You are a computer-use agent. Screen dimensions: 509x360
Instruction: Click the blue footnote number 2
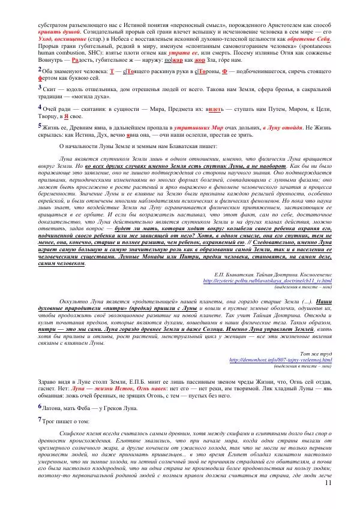39,69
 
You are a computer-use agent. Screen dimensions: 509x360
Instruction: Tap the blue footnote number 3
39,87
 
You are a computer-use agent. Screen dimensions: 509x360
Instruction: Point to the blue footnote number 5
39,125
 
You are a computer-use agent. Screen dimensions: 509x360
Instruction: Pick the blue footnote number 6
39,407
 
